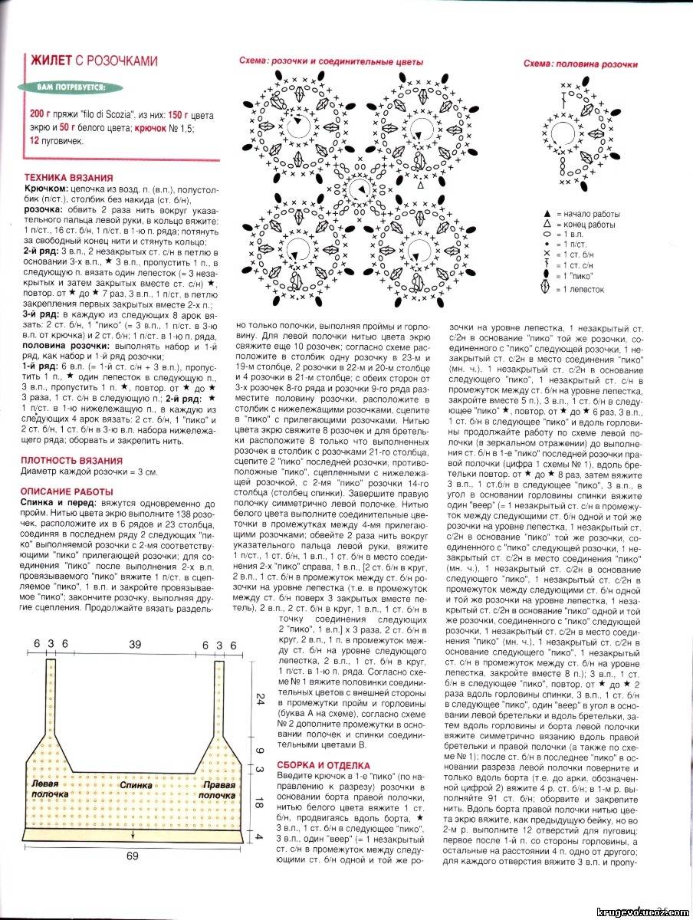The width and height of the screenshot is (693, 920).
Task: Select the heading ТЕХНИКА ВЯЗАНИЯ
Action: click(69, 176)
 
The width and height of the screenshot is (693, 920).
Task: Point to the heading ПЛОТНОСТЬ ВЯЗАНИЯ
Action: click(73, 461)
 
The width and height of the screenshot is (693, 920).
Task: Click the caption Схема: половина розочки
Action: click(580, 64)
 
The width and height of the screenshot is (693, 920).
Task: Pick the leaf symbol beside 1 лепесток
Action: click(546, 288)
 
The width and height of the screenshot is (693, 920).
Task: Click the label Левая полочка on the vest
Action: click(50, 790)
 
